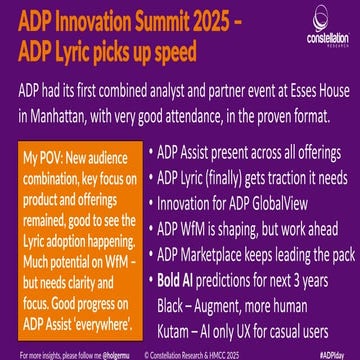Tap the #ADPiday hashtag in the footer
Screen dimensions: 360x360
pos(337,353)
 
